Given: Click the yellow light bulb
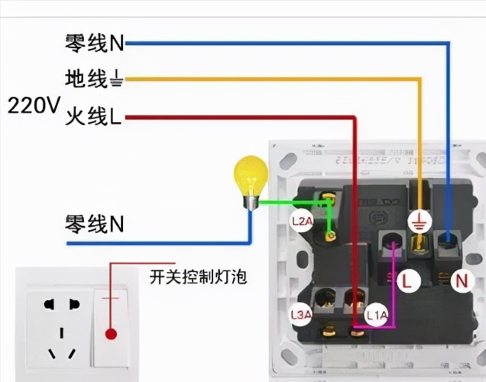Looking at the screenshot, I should coord(251,174).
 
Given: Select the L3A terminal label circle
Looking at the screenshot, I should coord(301,314).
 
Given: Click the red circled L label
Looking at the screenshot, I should coord(407,281).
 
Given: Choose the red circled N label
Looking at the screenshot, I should coord(462,281).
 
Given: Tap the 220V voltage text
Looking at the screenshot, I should coord(33,105).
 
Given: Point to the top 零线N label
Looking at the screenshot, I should coord(93,43).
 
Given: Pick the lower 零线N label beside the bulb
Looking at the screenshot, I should coord(94,224).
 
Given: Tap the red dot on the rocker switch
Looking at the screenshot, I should coord(111,334).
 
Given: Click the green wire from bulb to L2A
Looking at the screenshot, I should coord(294,202).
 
